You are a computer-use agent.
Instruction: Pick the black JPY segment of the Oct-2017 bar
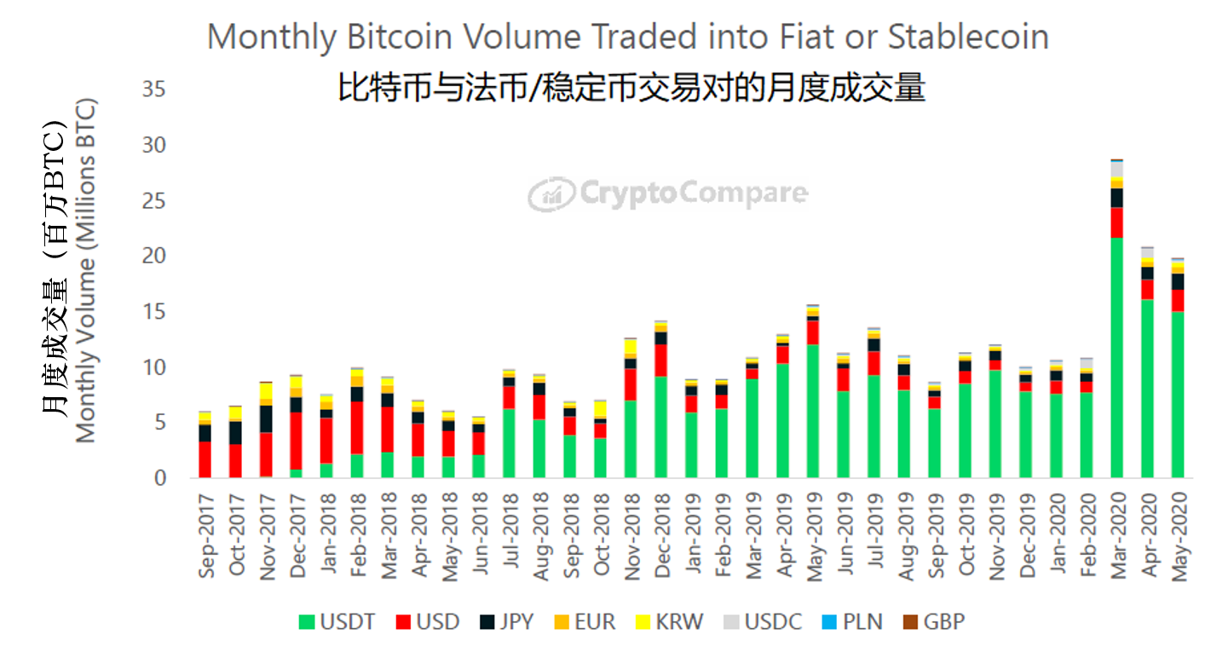click(x=235, y=432)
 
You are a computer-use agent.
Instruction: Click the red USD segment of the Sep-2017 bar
click(x=205, y=459)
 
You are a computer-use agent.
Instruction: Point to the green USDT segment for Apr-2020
click(x=1147, y=389)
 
